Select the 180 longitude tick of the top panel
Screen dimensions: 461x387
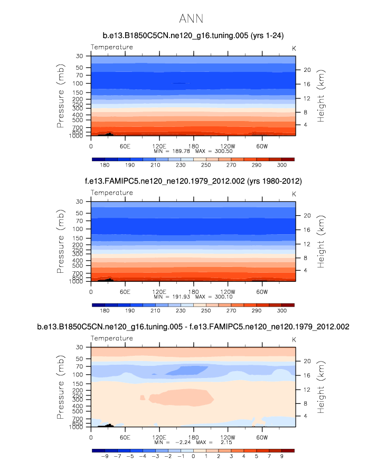193,145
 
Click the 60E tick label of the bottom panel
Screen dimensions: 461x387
125,437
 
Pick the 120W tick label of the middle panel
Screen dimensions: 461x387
227,291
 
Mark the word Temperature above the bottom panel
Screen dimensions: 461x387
111,338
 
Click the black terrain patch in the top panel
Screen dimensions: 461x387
108,134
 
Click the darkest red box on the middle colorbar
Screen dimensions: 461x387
288,305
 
